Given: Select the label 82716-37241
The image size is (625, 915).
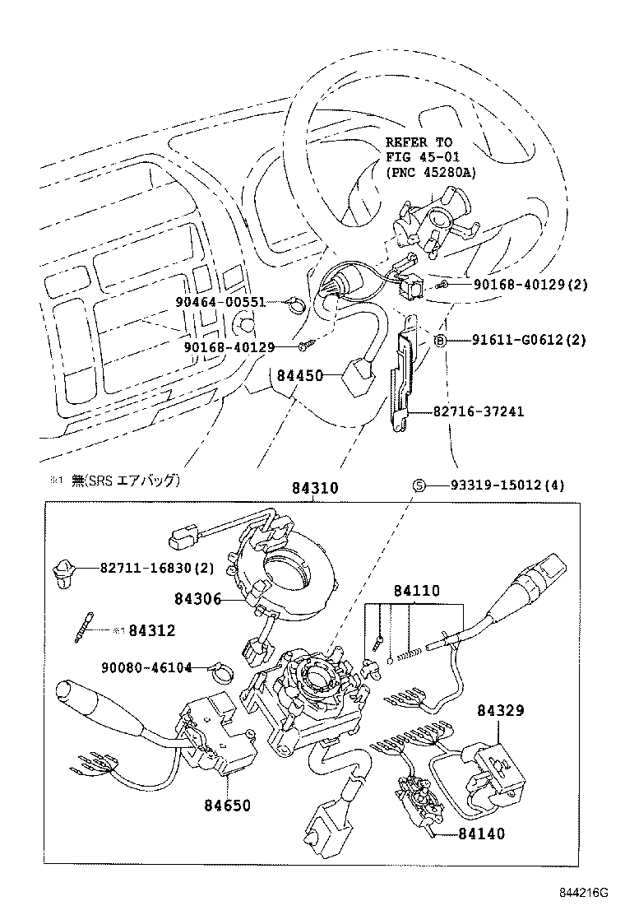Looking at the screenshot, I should point(479,411).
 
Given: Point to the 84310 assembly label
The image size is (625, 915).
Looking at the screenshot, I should point(313,488).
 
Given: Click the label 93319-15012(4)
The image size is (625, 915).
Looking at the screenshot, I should point(507,485).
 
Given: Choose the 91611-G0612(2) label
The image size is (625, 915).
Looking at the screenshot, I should point(528,340).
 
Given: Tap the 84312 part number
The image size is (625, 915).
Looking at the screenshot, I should point(152,630).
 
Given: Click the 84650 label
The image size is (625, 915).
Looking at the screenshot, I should point(227,806).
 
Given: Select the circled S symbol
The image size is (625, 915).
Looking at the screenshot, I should point(418,485).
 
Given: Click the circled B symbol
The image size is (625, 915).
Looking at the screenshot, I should point(440,340).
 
